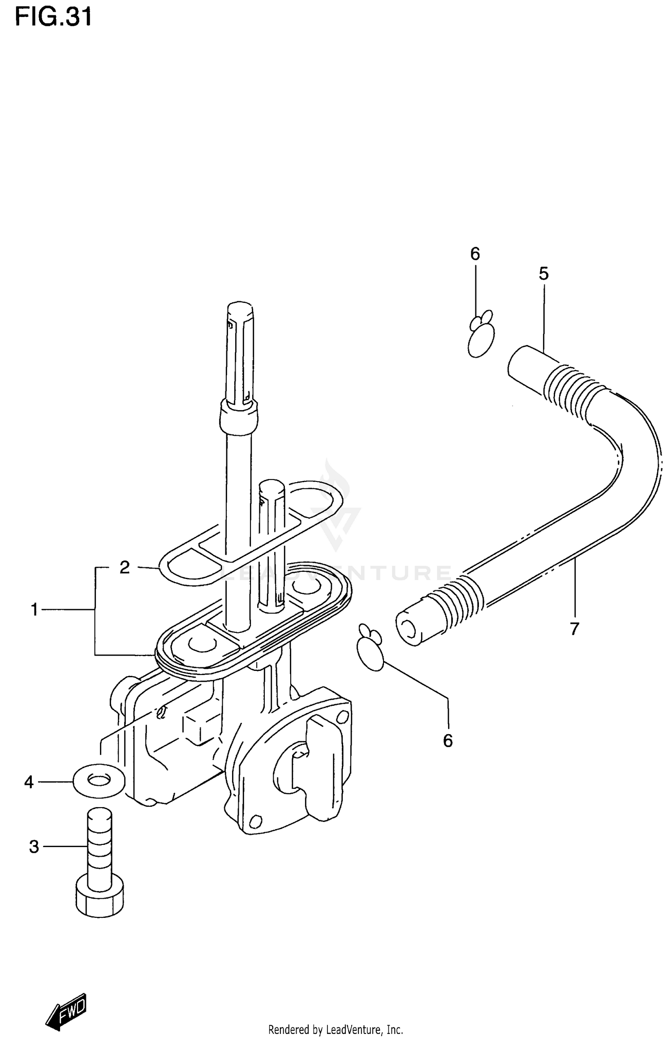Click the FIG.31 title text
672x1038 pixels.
54,17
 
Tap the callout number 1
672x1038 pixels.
34,610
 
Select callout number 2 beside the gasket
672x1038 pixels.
125,567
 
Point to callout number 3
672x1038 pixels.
34,847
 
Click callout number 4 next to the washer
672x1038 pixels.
29,783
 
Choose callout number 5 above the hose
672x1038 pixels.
543,273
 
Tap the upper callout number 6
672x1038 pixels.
475,254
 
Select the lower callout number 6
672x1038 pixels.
448,741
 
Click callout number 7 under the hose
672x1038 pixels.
575,629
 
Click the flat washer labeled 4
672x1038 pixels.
99,782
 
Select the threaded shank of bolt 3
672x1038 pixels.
99,842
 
